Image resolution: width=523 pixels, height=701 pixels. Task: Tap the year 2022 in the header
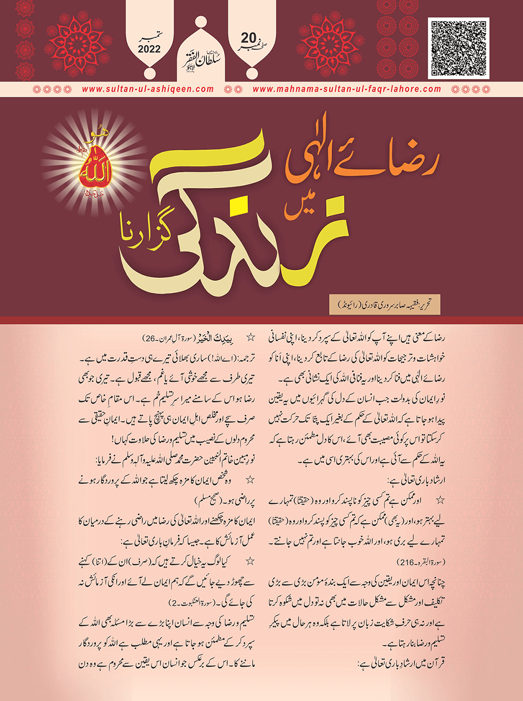pyautogui.click(x=148, y=49)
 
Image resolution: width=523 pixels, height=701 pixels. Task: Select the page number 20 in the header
pyautogui.click(x=249, y=38)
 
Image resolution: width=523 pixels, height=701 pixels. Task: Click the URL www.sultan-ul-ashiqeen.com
pyautogui.click(x=148, y=89)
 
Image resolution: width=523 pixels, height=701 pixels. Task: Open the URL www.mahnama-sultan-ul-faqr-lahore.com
pyautogui.click(x=347, y=89)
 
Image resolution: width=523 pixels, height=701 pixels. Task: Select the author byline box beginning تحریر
pyautogui.click(x=385, y=304)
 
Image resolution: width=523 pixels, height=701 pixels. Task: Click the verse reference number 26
pyautogui.click(x=147, y=338)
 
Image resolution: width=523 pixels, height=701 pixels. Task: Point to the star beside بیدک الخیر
pyautogui.click(x=250, y=337)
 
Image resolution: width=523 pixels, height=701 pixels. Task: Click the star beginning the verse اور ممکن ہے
pyautogui.click(x=440, y=501)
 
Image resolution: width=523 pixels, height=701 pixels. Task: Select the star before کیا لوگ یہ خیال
pyautogui.click(x=250, y=561)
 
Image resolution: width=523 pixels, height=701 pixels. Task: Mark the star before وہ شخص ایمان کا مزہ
pyautogui.click(x=250, y=480)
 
